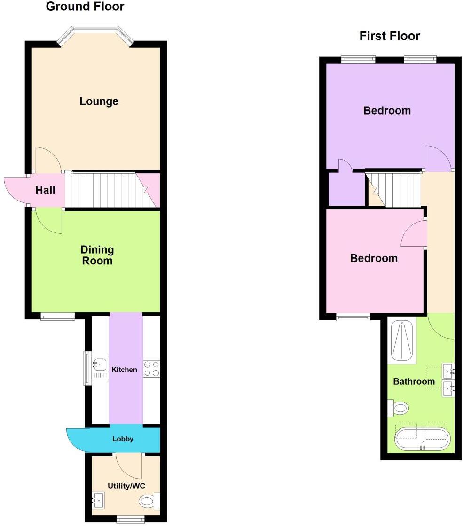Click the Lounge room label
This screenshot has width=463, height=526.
99,101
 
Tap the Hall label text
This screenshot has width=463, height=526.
45,190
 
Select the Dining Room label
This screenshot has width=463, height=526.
97,255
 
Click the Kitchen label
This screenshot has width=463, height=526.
125,370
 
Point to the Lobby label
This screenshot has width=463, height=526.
123,439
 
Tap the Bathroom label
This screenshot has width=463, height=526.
414,381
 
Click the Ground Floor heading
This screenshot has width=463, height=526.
85,7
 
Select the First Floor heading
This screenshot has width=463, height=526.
390,36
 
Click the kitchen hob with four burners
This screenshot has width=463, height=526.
151,368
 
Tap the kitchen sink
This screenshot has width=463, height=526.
100,364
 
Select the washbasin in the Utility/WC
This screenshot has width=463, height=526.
99,501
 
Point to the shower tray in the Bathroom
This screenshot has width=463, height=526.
402,341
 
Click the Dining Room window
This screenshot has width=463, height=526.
57,317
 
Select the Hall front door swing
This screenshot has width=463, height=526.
16,190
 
